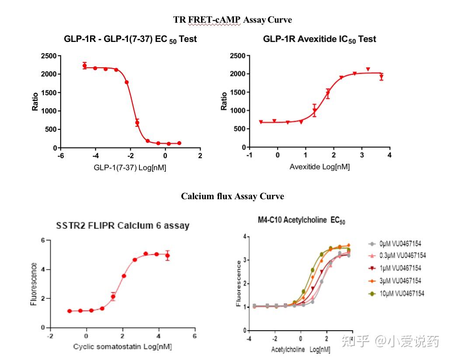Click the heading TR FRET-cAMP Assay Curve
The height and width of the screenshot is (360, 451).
click(x=232, y=20)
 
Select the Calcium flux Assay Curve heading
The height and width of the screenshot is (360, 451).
click(x=232, y=196)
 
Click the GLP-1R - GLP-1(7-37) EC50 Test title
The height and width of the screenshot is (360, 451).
click(x=130, y=39)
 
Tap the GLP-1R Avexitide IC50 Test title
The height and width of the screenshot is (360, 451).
click(x=319, y=39)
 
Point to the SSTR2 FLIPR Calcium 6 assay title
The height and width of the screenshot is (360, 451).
click(x=123, y=226)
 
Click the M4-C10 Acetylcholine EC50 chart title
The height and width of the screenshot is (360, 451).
click(x=302, y=221)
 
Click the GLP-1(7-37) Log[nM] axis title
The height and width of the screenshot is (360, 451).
click(x=130, y=168)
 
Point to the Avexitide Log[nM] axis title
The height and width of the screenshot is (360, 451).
click(x=319, y=167)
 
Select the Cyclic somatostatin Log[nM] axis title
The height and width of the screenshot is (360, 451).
click(x=122, y=347)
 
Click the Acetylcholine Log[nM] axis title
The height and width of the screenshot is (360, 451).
click(x=301, y=350)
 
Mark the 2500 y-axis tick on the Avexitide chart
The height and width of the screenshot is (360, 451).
click(x=236, y=56)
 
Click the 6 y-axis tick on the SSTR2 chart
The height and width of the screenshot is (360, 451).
click(x=43, y=240)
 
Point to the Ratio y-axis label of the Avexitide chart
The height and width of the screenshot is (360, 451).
click(x=224, y=101)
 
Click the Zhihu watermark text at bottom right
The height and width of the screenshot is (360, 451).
click(x=390, y=341)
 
